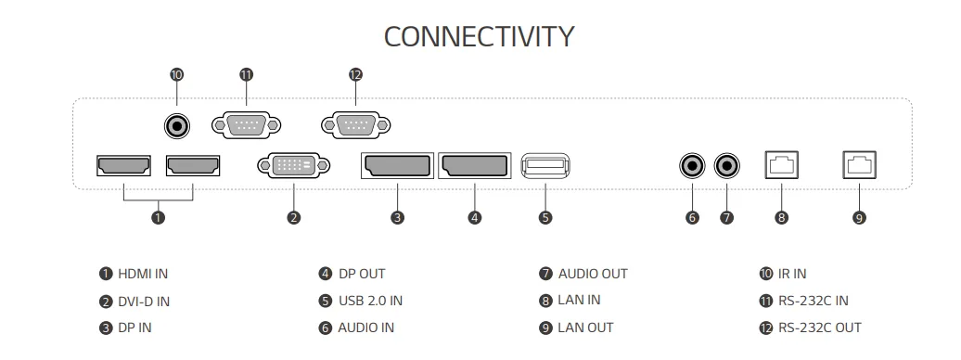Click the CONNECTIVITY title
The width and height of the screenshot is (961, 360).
click(479, 36)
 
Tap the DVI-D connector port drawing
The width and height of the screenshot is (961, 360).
click(293, 165)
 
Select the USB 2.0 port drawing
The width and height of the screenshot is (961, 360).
click(545, 165)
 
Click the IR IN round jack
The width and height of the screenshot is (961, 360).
click(177, 126)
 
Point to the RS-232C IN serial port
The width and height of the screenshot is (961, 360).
click(247, 125)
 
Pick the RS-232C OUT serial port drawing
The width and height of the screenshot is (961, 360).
click(355, 125)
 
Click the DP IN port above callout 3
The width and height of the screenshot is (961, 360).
click(397, 165)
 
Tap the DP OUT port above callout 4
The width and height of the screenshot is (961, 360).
click(474, 165)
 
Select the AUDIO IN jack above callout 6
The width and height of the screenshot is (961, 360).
click(693, 165)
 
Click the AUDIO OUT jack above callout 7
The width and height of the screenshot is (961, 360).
click(727, 165)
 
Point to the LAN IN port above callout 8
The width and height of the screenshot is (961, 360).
click(781, 165)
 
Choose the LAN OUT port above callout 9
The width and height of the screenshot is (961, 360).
click(859, 165)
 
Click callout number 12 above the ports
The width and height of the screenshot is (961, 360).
click(355, 75)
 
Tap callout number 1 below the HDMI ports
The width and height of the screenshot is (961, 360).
click(158, 217)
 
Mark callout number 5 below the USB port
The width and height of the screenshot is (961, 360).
click(545, 217)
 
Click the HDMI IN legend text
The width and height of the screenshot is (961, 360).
click(143, 274)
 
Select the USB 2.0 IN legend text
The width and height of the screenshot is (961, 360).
click(370, 301)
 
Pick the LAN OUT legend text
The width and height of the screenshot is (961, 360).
click(585, 328)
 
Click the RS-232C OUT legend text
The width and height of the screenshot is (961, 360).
click(819, 328)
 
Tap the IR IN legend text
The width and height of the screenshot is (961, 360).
click(792, 274)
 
